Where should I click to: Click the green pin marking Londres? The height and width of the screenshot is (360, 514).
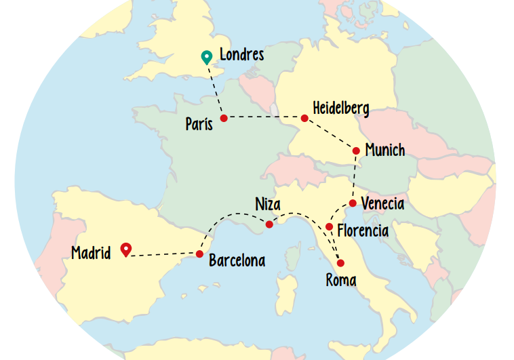(x=207, y=58)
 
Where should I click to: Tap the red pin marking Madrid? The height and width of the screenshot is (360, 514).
(x=125, y=249)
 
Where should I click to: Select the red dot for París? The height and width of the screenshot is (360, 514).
(x=224, y=117)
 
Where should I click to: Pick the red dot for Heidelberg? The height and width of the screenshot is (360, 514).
(x=304, y=118)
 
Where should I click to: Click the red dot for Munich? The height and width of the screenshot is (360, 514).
(x=356, y=151)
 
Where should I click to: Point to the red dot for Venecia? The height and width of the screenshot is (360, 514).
(x=353, y=203)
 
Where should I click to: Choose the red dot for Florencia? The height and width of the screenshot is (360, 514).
(x=329, y=226)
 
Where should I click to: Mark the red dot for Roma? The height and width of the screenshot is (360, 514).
(x=340, y=263)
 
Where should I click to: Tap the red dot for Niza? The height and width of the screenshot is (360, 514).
(x=269, y=224)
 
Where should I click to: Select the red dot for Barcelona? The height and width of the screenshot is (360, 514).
(x=199, y=254)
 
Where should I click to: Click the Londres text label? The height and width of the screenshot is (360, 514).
(x=241, y=54)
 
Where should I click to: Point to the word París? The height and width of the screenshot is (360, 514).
(x=199, y=124)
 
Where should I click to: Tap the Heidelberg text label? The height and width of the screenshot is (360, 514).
(x=341, y=108)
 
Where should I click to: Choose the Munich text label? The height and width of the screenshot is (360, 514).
(x=384, y=150)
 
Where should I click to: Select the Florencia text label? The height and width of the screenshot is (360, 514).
(x=363, y=231)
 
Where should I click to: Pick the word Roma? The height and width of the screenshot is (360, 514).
(x=340, y=280)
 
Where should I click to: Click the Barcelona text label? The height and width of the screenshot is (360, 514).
(x=237, y=260)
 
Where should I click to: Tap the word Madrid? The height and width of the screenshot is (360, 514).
(x=91, y=254)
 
